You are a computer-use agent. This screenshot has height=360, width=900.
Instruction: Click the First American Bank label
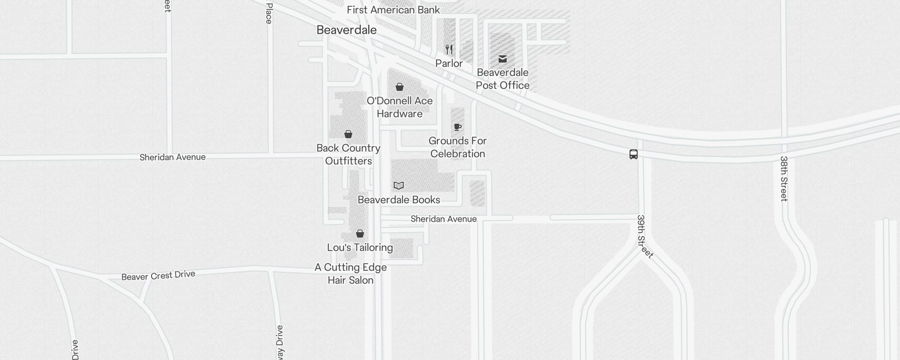click(x=393, y=10)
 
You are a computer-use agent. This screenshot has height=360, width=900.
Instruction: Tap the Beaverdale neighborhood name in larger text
click(x=346, y=30)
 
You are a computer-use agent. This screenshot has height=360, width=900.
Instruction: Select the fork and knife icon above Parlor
click(x=449, y=49)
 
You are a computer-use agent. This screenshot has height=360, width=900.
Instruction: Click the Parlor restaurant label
click(x=449, y=63)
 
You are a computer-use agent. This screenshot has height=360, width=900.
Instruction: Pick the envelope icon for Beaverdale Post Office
click(x=503, y=59)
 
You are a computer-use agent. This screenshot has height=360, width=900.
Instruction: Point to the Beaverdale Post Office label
click(x=503, y=79)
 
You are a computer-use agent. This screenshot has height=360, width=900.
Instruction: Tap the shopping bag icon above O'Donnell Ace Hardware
click(x=400, y=87)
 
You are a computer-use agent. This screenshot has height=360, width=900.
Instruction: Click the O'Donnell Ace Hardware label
click(x=400, y=107)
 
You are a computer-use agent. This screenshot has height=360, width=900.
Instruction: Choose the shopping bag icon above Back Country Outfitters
click(x=348, y=134)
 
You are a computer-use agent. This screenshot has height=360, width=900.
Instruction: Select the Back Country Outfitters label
click(x=348, y=154)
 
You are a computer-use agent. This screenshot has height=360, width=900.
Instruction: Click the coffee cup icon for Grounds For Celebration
click(x=458, y=127)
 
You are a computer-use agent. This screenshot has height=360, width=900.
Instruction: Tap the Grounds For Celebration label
click(x=458, y=147)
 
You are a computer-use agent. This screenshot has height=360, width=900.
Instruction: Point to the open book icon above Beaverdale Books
click(x=399, y=185)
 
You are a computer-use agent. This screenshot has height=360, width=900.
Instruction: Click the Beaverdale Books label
click(x=399, y=200)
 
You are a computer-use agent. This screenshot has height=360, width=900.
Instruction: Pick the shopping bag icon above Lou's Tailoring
click(x=360, y=234)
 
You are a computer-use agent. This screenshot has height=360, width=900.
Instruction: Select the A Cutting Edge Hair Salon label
click(x=351, y=274)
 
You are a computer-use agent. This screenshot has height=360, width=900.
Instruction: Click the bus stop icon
click(x=634, y=154)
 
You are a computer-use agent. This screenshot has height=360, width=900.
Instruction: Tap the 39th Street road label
click(x=644, y=237)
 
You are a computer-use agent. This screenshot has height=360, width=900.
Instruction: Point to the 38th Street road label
click(x=784, y=179)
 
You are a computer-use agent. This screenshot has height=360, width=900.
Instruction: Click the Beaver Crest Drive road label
click(x=158, y=275)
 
